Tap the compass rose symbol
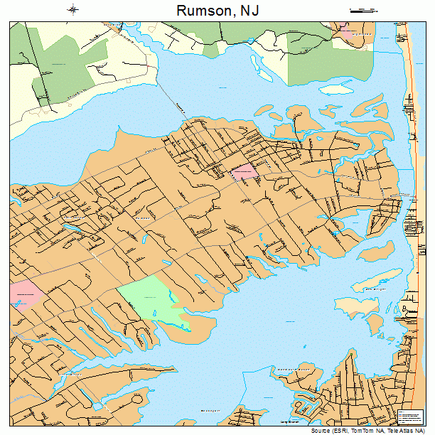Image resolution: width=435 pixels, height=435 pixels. (73, 10)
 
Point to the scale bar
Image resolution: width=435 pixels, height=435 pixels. (362, 10)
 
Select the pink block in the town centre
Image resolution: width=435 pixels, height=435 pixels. (244, 171)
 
